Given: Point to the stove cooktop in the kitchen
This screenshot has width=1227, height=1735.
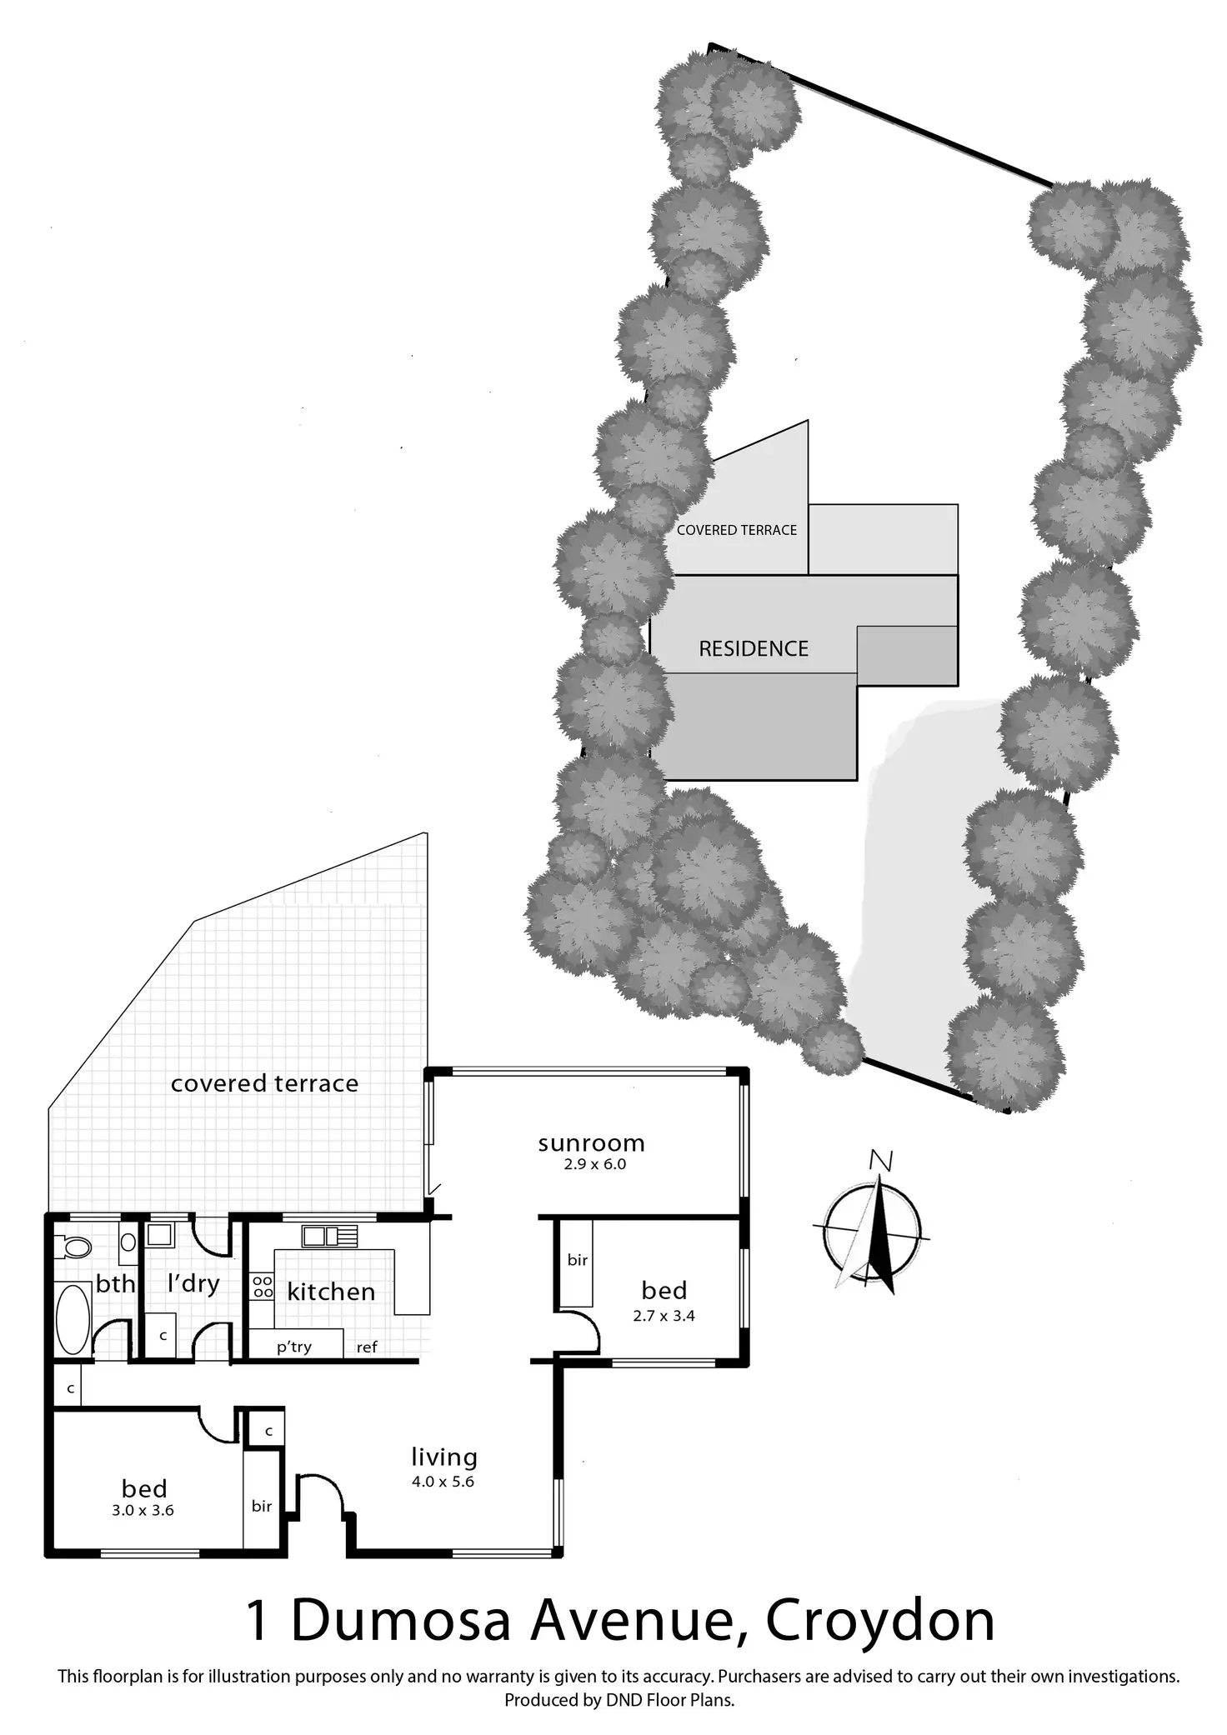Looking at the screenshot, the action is [263, 1286].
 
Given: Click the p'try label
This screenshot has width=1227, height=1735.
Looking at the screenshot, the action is [294, 1347].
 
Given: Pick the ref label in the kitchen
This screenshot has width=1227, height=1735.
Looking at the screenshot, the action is [367, 1347].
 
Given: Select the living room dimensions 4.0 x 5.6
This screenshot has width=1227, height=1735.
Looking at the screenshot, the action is [443, 1482].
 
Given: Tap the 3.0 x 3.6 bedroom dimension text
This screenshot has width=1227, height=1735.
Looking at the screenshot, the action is [143, 1510].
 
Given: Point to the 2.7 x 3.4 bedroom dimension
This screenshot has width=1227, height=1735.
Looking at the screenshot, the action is [664, 1316].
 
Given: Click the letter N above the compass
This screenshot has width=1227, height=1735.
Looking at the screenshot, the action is [881, 1160].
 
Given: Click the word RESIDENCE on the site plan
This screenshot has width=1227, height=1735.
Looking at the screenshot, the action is [754, 649].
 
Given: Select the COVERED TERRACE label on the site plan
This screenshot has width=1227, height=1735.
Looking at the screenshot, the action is [737, 530].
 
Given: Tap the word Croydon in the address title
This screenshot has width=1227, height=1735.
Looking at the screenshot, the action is [879, 1622].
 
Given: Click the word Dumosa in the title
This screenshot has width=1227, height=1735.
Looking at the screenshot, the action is [400, 1622].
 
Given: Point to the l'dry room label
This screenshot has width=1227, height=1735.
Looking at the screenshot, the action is [193, 1283].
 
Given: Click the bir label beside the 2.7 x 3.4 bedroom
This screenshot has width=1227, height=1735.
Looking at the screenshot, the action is [578, 1260].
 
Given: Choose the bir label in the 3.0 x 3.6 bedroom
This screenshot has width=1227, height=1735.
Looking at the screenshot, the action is [262, 1506].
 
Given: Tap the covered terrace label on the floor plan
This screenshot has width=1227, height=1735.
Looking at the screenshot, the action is [264, 1083].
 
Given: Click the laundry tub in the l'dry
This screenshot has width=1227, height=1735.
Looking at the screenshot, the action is [159, 1234].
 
